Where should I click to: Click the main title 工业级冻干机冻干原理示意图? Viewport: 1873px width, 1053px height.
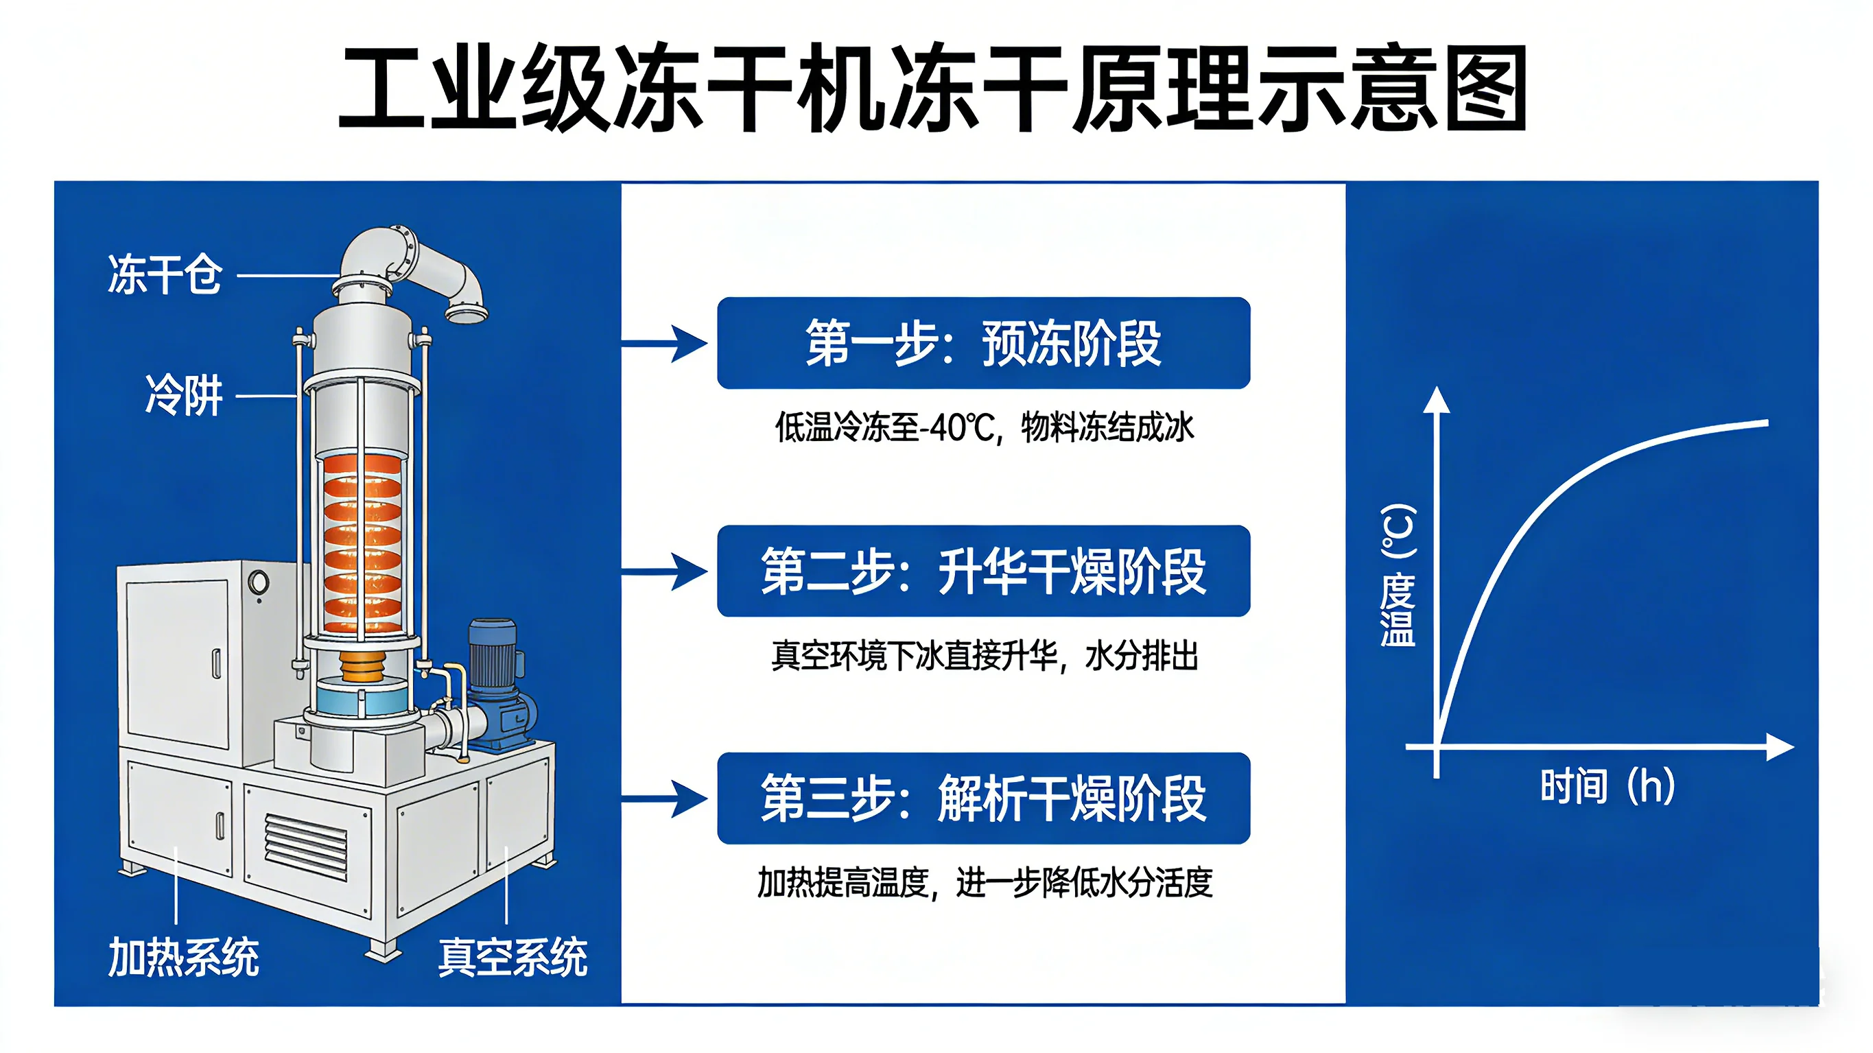(934, 88)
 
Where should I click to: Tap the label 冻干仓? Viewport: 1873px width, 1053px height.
(165, 275)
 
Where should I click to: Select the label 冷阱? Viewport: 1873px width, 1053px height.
(184, 396)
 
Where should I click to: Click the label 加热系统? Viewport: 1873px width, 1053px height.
(183, 957)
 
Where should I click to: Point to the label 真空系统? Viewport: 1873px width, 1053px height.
(513, 957)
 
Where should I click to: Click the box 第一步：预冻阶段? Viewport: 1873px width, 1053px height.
(983, 342)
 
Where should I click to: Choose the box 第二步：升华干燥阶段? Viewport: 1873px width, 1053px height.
(983, 571)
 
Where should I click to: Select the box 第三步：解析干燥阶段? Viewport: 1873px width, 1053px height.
(983, 798)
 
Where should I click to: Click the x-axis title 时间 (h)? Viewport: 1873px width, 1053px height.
(1607, 786)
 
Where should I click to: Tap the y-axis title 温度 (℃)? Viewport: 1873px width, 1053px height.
(1398, 574)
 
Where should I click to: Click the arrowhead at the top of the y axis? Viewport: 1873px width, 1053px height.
(1436, 400)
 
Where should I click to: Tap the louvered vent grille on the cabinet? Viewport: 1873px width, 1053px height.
(305, 847)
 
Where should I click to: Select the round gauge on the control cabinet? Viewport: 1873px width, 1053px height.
(258, 582)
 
